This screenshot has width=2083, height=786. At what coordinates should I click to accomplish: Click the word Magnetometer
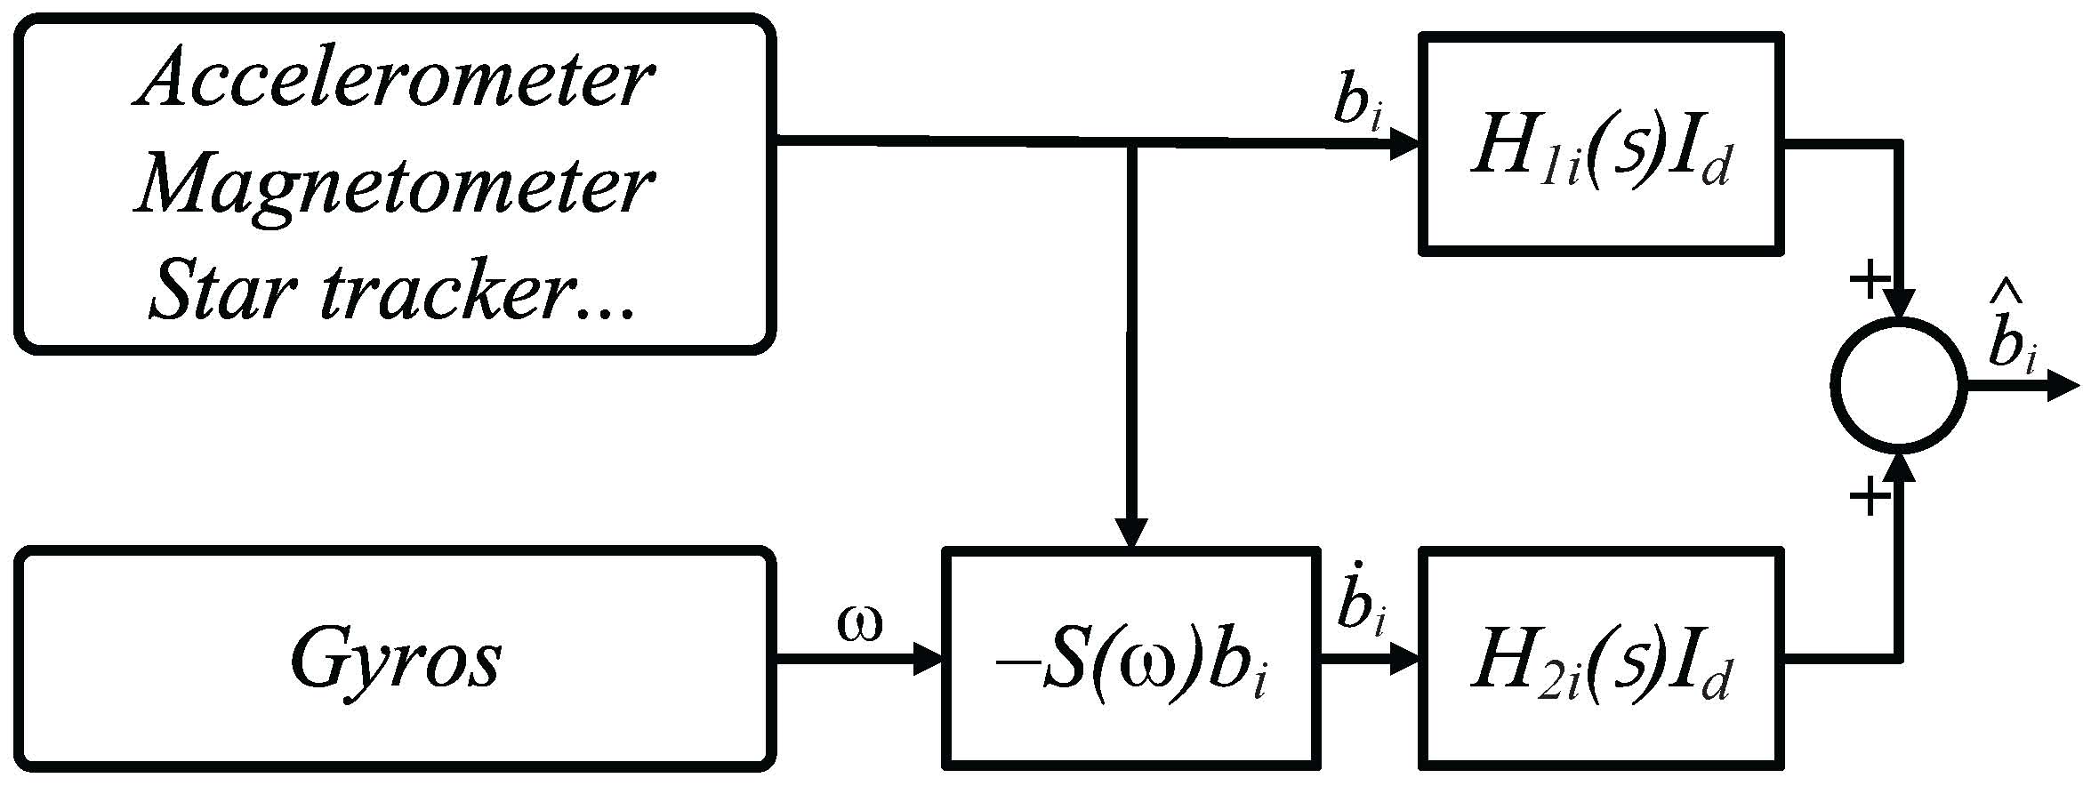click(394, 187)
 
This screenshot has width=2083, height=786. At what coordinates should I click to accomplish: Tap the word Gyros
click(396, 660)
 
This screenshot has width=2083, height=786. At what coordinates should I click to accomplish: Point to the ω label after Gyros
click(859, 625)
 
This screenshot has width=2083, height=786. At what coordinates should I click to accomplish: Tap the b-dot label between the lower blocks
click(1361, 608)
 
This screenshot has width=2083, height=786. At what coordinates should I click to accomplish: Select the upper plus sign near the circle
click(1869, 280)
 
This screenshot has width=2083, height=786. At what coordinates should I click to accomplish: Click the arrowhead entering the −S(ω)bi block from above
click(1130, 533)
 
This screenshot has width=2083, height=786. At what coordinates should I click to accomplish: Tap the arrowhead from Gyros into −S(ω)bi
click(927, 660)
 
